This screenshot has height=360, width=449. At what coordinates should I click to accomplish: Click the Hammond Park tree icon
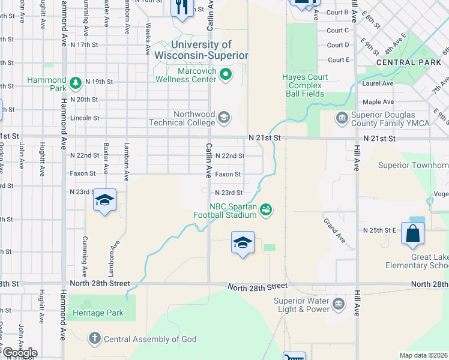coord(76,82)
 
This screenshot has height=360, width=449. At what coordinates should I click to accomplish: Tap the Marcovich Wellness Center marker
coord(226,75)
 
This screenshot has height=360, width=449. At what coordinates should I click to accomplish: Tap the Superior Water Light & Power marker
coord(339,304)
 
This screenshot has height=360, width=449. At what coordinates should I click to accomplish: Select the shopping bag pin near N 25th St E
coord(413,233)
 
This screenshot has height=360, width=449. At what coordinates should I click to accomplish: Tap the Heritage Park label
coord(98,313)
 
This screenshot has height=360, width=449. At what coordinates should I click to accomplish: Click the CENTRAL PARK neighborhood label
coord(404,62)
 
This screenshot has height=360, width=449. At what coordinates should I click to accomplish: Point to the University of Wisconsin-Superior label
coord(201,50)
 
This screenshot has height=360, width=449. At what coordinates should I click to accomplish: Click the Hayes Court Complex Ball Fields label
coord(305,85)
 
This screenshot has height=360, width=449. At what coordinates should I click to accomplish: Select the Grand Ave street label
coord(335,231)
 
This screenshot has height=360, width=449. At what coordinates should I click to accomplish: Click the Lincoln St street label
coord(85,118)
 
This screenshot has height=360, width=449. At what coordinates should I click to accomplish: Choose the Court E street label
coord(339,60)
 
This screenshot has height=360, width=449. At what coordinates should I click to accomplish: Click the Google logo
coord(20,353)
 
